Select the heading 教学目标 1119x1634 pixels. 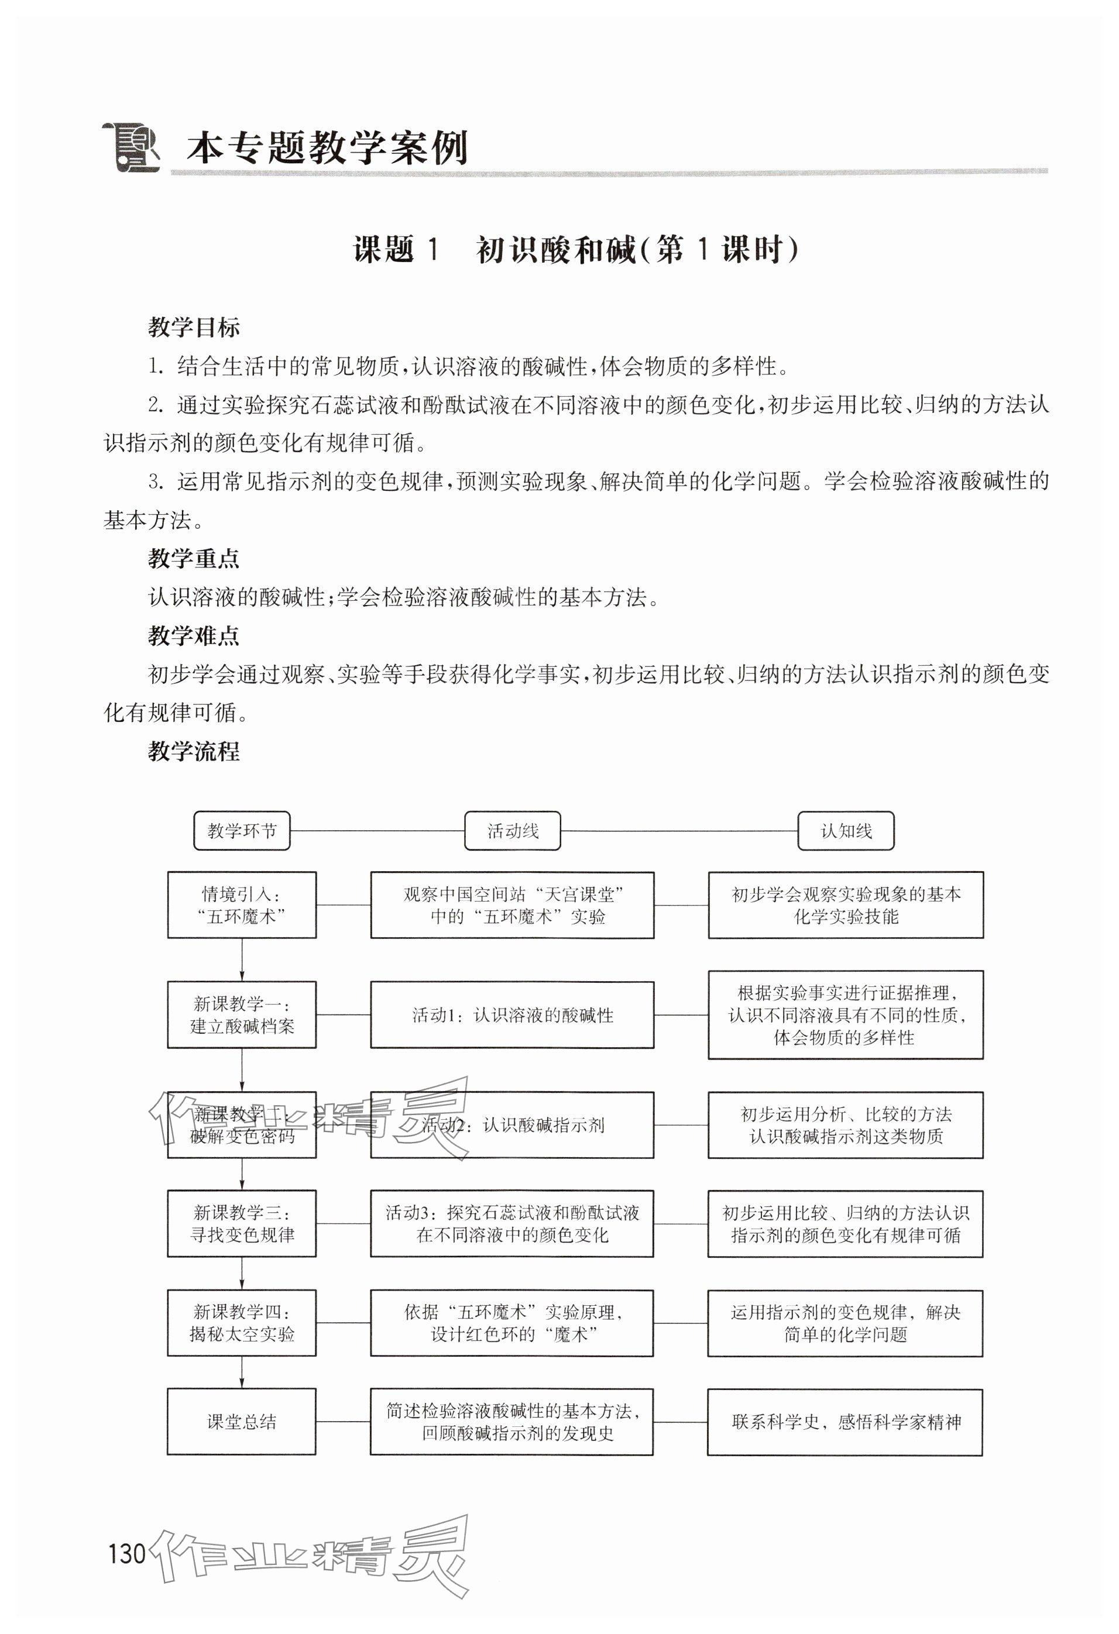[193, 328]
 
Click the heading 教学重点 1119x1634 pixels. [193, 559]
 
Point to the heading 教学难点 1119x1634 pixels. [193, 637]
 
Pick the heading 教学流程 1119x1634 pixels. [193, 752]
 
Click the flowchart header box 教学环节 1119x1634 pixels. [241, 831]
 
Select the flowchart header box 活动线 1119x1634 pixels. [512, 831]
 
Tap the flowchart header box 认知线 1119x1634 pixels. [846, 831]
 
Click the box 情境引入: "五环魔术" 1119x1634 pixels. [241, 905]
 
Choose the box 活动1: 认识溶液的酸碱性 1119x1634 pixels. [512, 1014]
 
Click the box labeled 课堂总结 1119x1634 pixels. [241, 1422]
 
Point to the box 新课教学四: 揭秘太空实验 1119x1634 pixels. [241, 1323]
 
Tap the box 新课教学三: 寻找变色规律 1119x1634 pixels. [241, 1223]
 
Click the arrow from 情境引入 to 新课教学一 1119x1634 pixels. [242, 959]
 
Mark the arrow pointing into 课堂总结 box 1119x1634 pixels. [242, 1372]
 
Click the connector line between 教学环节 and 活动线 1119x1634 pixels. [377, 831]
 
